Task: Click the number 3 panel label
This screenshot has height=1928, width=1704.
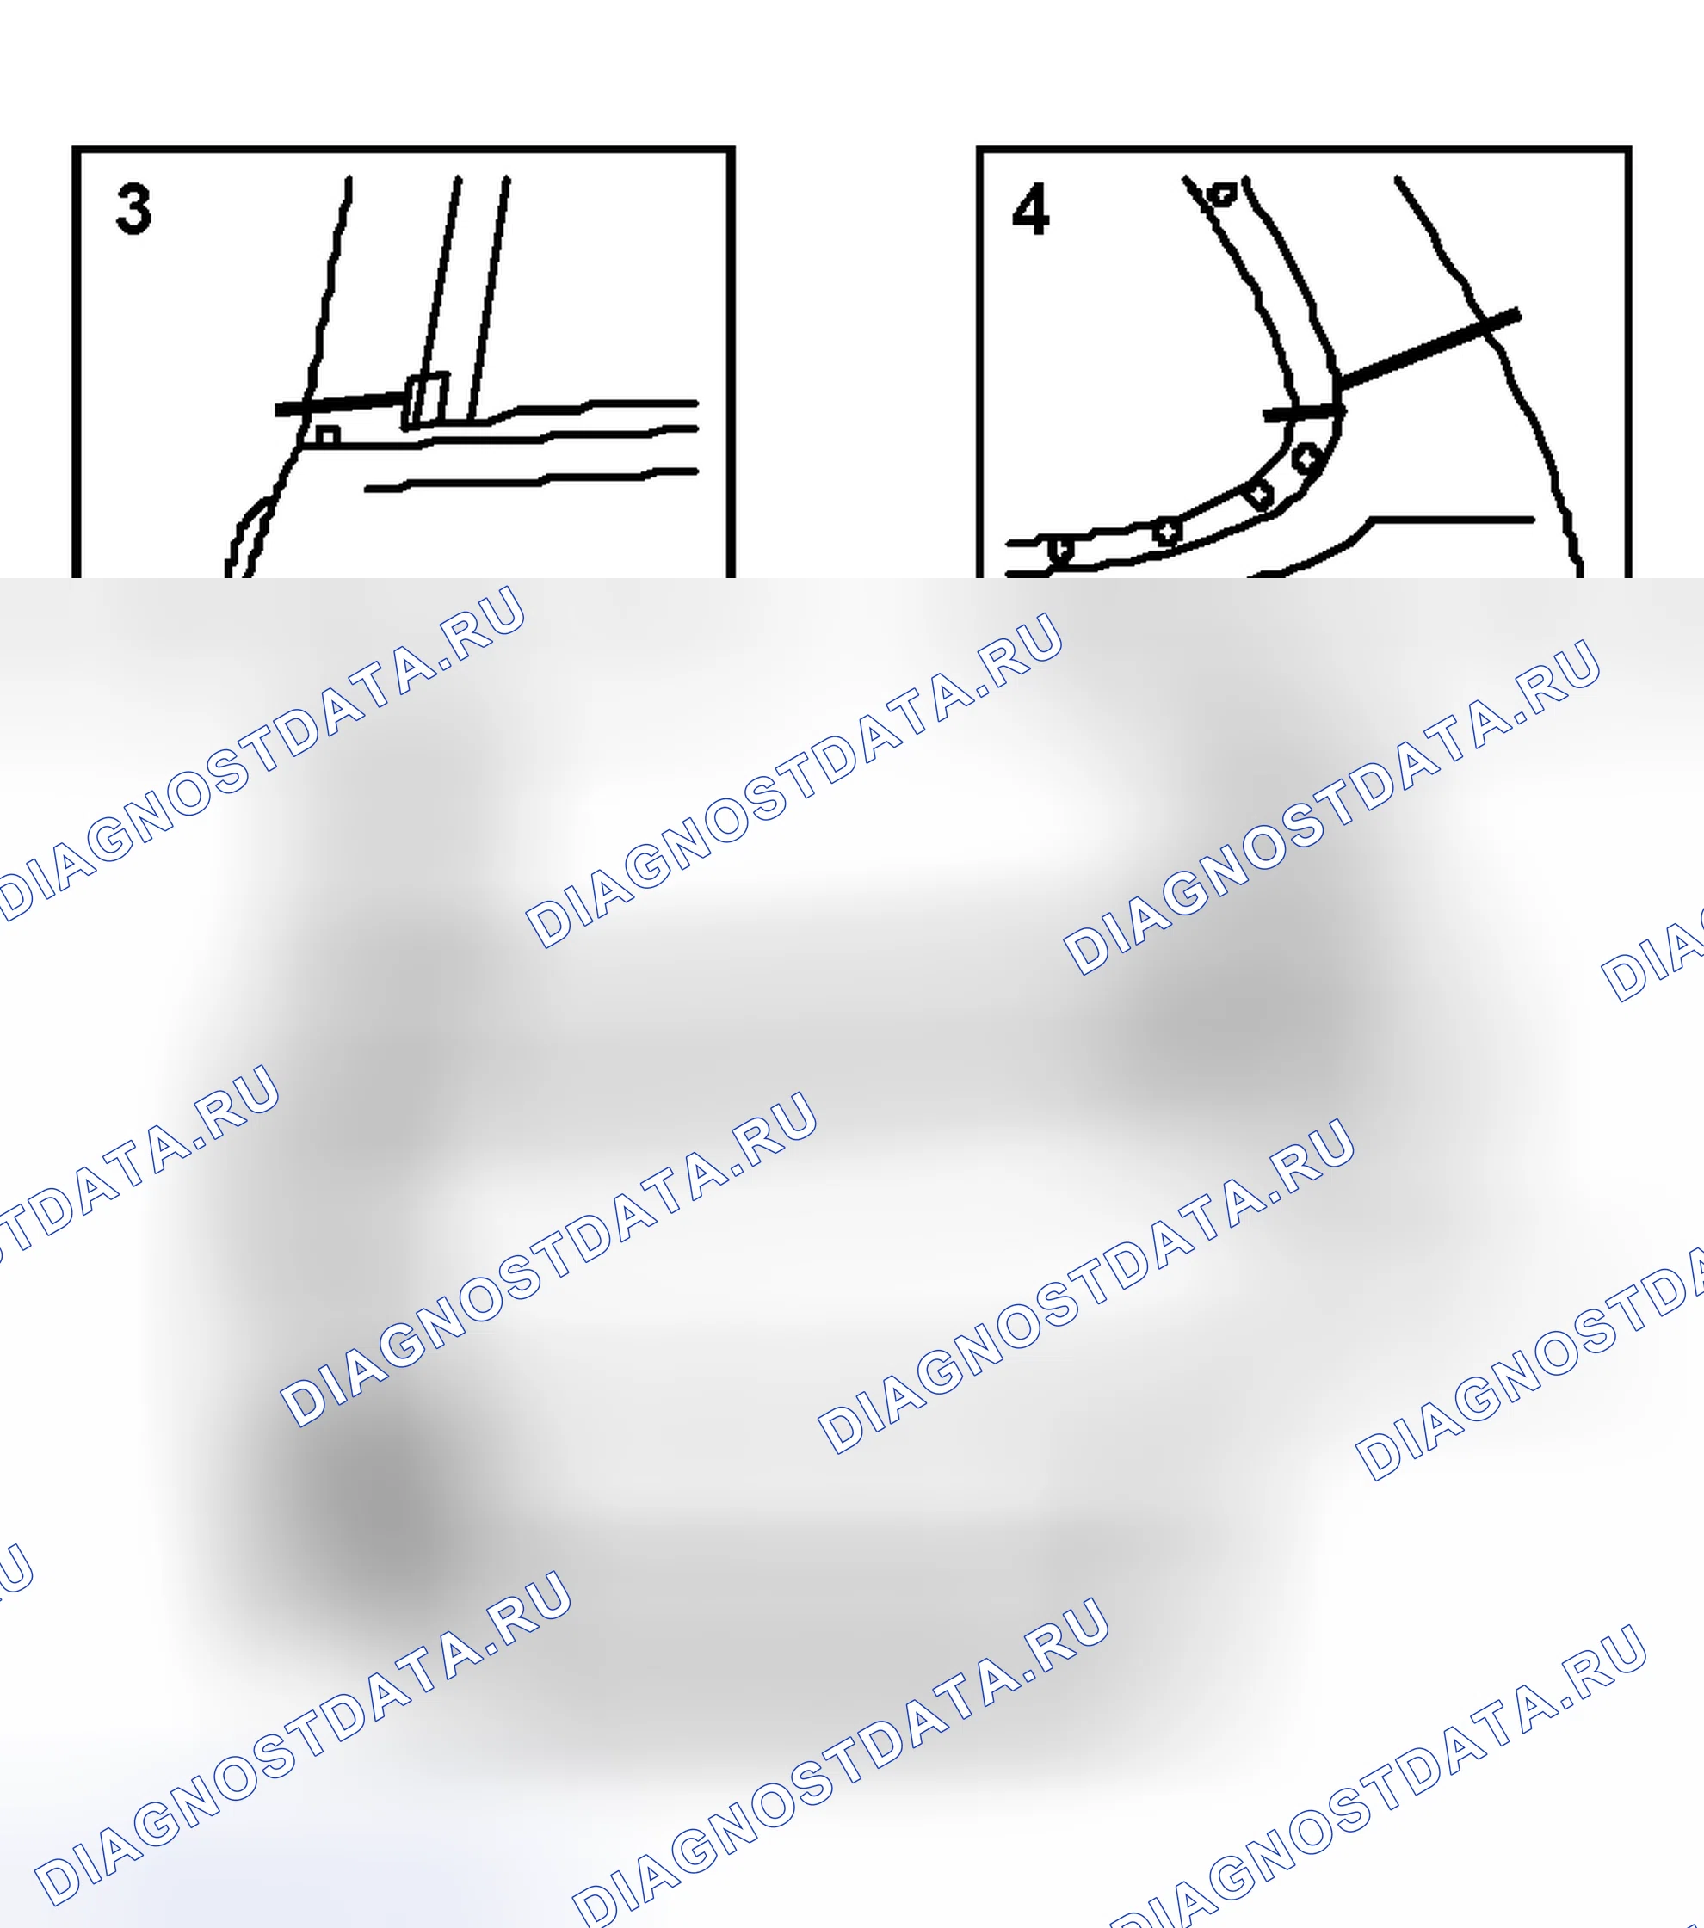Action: point(133,209)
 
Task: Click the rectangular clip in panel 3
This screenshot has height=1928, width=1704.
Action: point(425,401)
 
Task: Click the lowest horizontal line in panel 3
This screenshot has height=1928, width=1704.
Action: point(531,479)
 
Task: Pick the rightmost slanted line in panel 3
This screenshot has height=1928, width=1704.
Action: point(489,297)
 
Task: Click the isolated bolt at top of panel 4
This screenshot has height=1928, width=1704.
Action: point(1223,194)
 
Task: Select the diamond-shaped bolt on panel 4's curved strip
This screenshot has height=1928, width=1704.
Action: point(1260,495)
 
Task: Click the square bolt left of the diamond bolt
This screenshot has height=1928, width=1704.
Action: point(1168,531)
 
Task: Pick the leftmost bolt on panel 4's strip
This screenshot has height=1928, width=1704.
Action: point(1061,548)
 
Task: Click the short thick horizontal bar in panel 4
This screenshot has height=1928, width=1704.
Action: point(1303,412)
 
